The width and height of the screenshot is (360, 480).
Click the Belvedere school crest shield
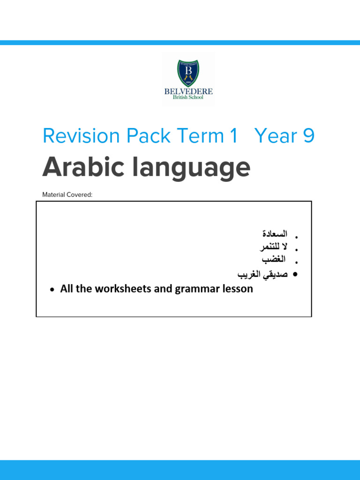click(x=189, y=73)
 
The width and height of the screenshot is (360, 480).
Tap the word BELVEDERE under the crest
click(x=188, y=91)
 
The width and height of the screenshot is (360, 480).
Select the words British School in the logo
click(x=188, y=97)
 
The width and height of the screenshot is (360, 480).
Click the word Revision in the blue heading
click(x=81, y=136)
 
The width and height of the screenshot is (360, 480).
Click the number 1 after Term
click(x=233, y=136)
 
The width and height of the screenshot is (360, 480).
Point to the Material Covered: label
click(x=67, y=195)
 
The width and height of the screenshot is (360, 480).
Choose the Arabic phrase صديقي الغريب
click(x=262, y=274)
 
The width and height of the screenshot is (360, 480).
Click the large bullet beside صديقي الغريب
click(x=295, y=274)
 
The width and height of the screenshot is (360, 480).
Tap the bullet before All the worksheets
click(x=52, y=290)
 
